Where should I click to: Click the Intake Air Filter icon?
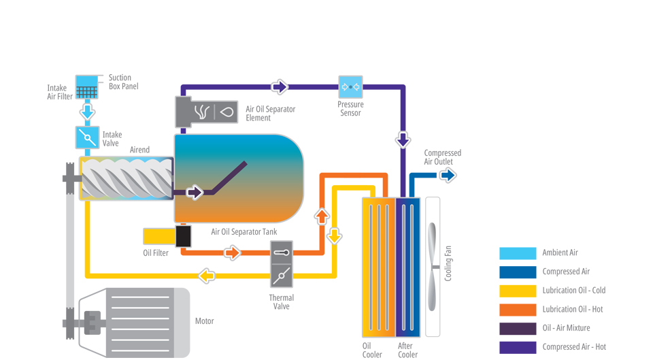(87, 86)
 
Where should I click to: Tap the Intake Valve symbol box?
(87, 137)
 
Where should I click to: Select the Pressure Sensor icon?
(350, 87)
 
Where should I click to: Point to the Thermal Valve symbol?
(281, 265)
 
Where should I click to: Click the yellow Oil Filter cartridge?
(159, 236)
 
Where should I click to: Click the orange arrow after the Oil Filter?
(232, 253)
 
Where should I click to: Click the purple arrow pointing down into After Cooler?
(403, 140)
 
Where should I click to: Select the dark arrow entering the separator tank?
(195, 193)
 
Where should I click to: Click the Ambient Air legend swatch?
(517, 253)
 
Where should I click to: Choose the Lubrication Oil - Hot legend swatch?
(517, 310)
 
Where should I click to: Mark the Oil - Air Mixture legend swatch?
(517, 329)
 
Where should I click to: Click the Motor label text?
(204, 321)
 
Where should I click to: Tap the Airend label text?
(139, 150)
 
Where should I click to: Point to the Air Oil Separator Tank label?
(244, 233)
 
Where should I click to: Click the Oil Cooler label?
(372, 350)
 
